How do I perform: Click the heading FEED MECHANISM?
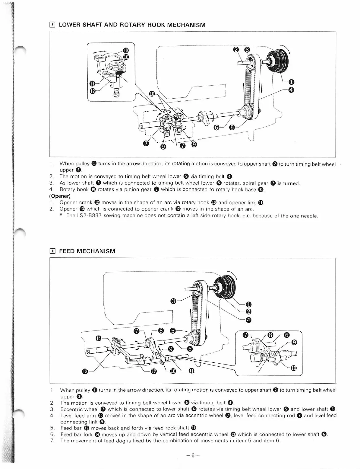coord(87,251)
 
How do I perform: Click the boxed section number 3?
coord(52,25)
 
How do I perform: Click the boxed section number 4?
coord(52,251)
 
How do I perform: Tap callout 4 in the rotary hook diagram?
coord(291,90)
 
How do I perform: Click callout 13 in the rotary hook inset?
coord(126,50)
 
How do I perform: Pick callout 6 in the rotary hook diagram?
coord(216,128)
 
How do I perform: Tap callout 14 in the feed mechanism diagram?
coord(98,338)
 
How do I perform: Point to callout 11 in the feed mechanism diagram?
coord(191,371)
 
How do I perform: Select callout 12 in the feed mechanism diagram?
coord(153,371)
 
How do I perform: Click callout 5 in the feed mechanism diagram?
coord(174,331)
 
